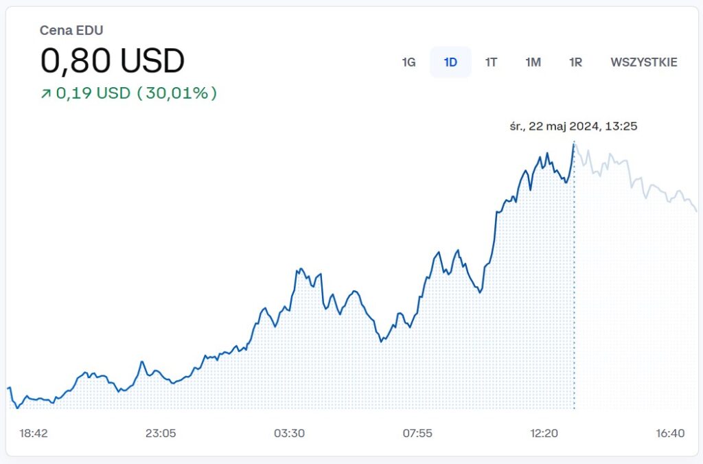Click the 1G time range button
[408, 62]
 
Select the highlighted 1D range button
[450, 62]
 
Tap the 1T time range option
[491, 62]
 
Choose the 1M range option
[533, 62]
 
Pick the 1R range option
[575, 62]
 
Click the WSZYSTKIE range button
[643, 62]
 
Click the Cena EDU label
[71, 30]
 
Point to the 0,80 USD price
[113, 61]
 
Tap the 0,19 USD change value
[93, 93]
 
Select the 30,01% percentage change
[177, 93]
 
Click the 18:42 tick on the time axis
[34, 433]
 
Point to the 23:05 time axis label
[161, 433]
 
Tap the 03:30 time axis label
[289, 433]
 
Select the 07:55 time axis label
[417, 433]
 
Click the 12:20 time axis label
[544, 433]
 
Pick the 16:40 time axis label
[670, 433]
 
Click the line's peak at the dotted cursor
[574, 143]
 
